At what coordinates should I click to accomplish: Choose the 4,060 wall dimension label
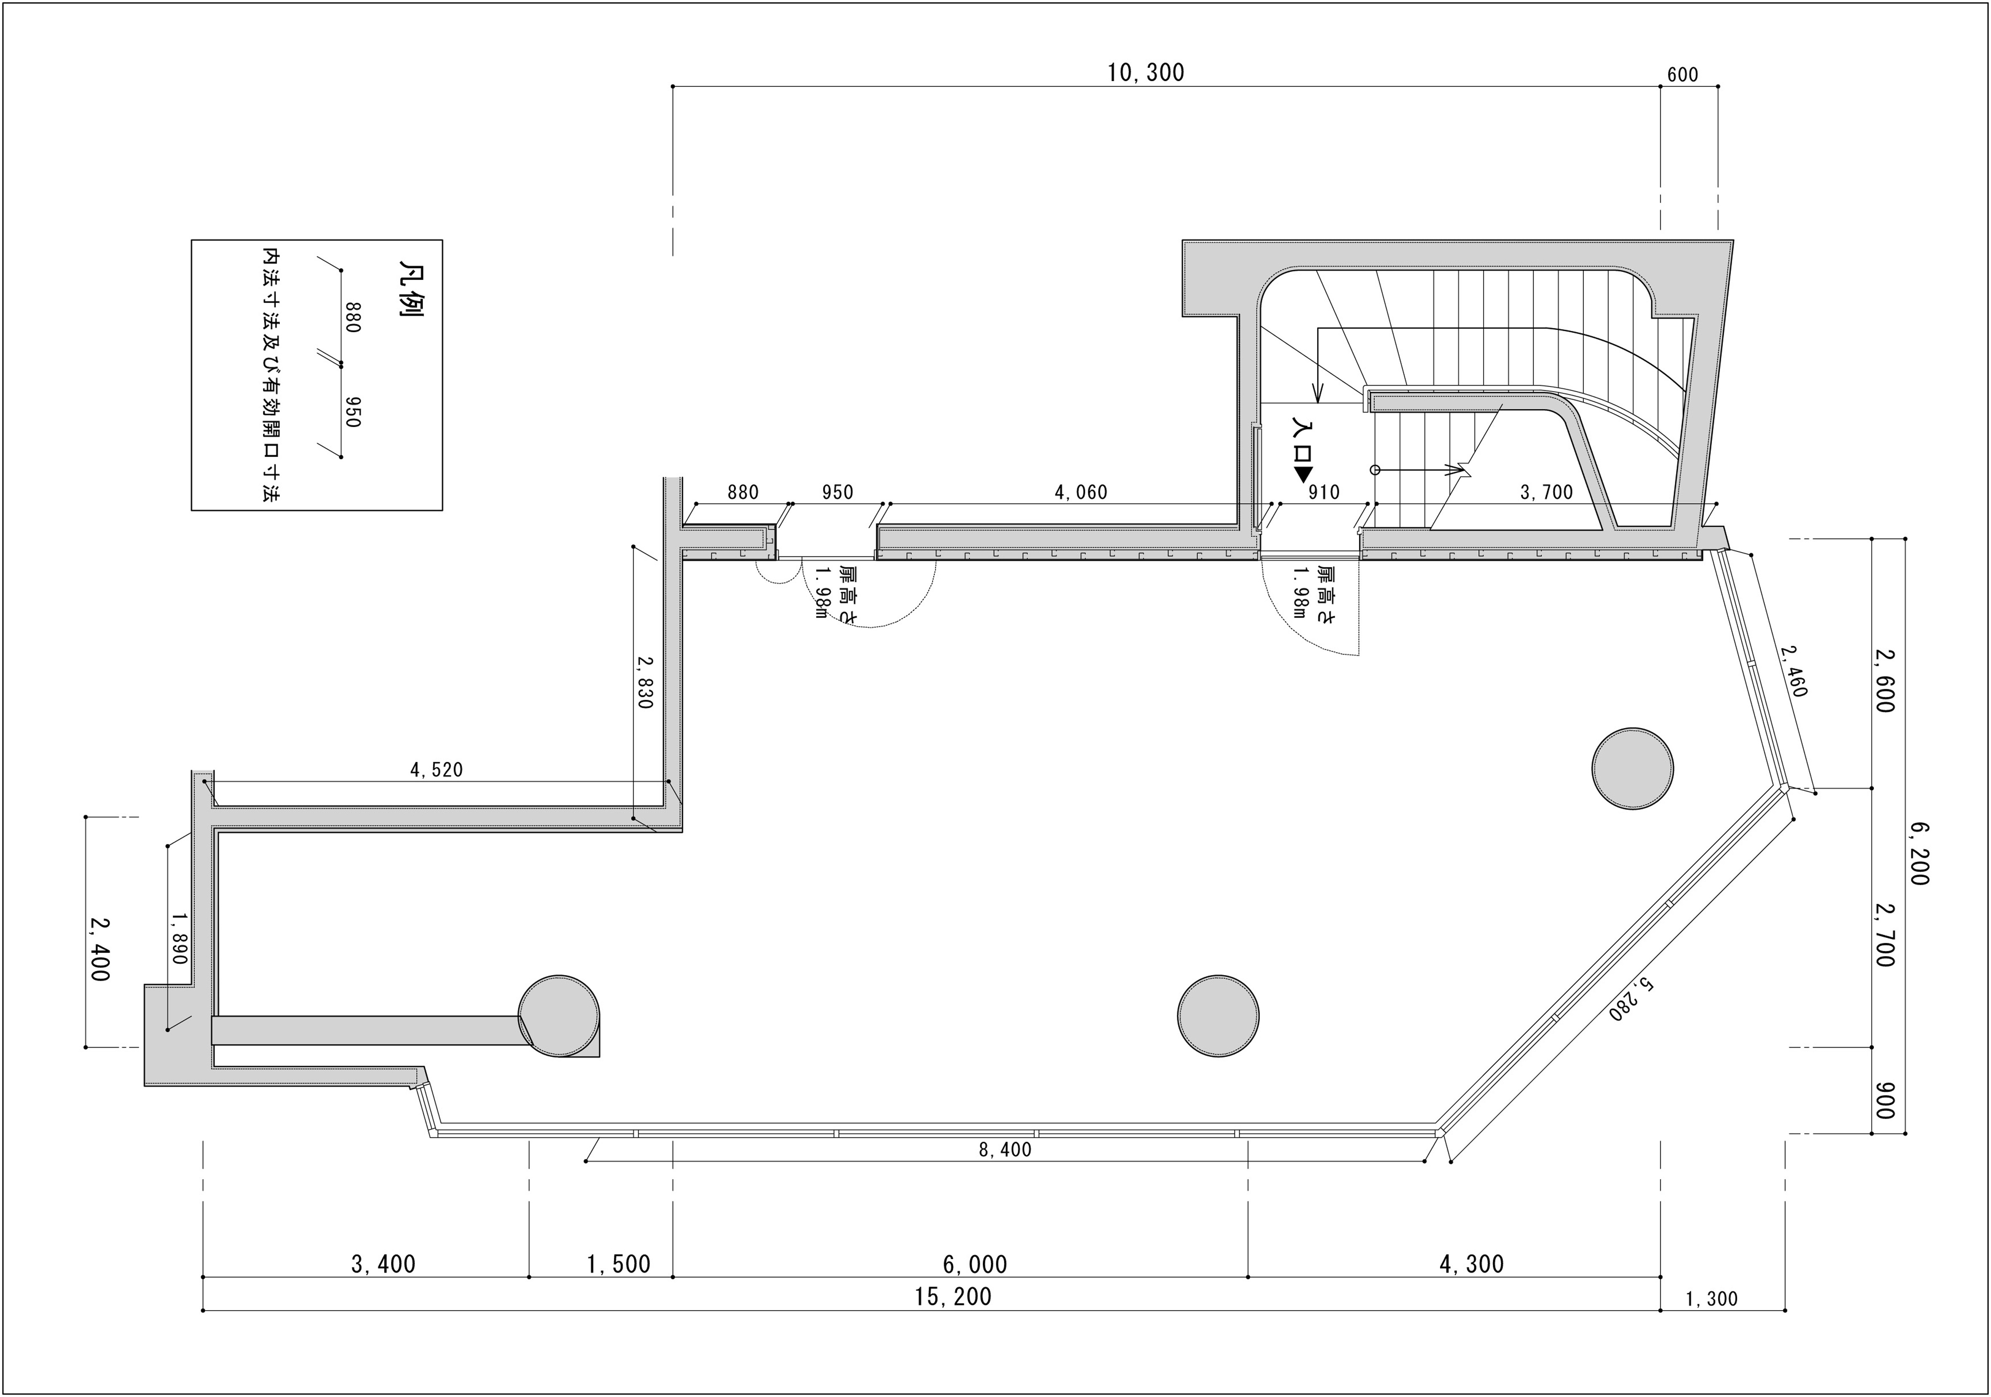(x=1081, y=492)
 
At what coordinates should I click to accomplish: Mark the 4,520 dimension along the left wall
(x=436, y=769)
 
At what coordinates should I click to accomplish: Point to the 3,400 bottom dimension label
(x=383, y=1264)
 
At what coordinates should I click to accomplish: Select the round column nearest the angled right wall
(x=1633, y=768)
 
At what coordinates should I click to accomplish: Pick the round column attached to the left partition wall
(x=559, y=1016)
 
